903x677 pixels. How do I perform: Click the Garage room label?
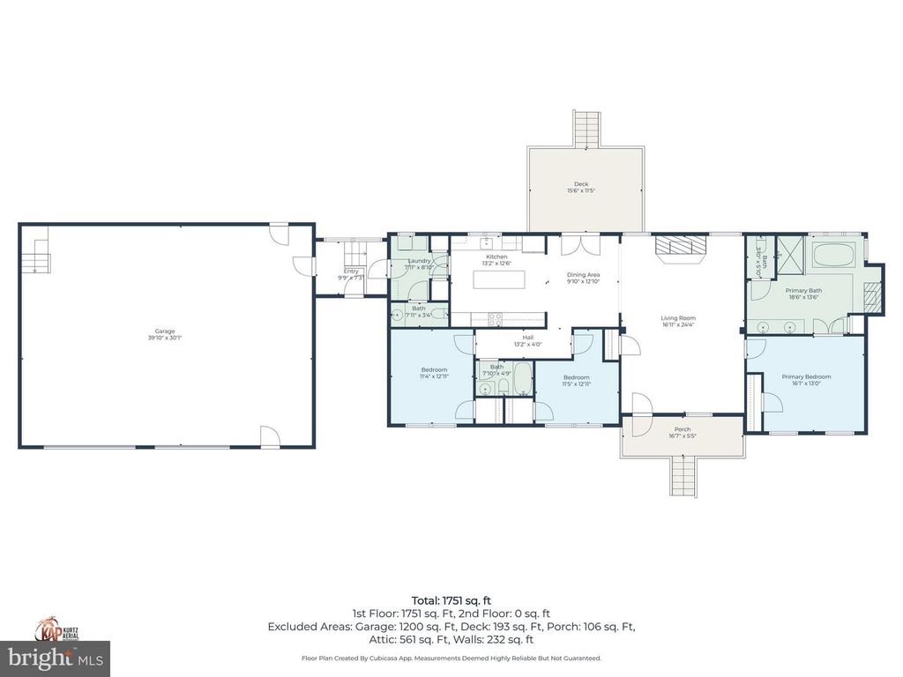point(168,331)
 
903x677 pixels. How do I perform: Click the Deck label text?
point(581,184)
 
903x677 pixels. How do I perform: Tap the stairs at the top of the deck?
point(587,129)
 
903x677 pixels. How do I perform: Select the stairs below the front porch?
point(684,477)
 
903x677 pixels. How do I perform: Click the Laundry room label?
point(418,261)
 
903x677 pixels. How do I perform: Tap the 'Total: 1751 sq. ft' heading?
point(451,600)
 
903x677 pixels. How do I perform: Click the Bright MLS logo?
point(55,658)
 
